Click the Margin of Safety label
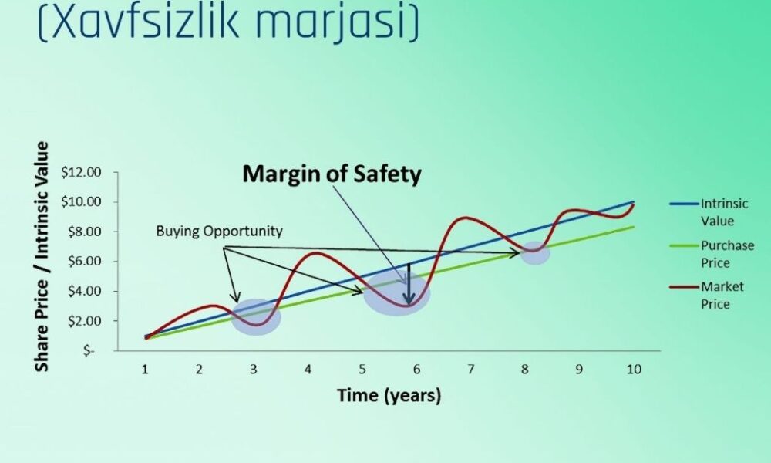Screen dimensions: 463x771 (332, 174)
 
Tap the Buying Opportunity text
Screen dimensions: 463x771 (219, 231)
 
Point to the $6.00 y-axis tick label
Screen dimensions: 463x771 (86, 261)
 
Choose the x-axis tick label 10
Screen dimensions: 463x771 (632, 369)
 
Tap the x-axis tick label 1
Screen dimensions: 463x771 (145, 369)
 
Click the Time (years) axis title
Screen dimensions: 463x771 (389, 396)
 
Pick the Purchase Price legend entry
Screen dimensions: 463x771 (725, 253)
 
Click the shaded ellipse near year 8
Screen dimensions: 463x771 (534, 252)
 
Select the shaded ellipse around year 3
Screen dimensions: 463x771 (257, 316)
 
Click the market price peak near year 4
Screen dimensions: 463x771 (317, 253)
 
